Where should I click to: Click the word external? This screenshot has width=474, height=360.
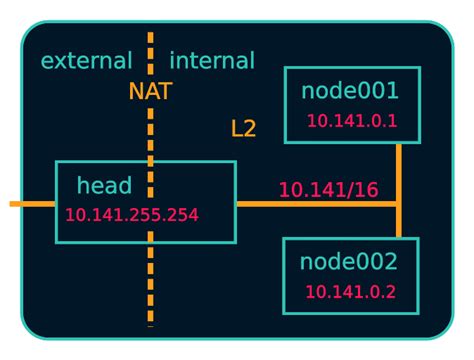(86, 61)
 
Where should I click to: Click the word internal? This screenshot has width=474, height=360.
(212, 61)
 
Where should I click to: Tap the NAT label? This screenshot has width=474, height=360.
(150, 92)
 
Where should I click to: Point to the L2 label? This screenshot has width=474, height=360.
(243, 128)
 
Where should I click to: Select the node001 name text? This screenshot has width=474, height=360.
(350, 91)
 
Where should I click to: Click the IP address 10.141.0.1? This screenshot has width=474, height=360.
(352, 121)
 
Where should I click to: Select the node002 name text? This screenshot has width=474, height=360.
(349, 263)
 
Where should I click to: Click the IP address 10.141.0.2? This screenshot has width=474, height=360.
(351, 292)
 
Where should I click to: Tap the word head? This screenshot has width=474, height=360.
(104, 185)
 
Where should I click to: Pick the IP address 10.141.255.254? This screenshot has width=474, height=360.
(132, 215)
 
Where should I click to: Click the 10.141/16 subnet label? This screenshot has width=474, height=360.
(328, 189)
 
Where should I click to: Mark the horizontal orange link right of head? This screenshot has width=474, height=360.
(300, 204)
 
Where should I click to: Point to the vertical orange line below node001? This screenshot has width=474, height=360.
(399, 170)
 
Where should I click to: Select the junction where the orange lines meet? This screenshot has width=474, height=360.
(399, 204)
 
